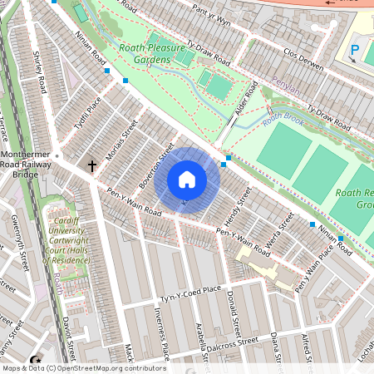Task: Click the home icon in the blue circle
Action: (x=187, y=180)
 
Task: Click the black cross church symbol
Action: (x=92, y=166)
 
